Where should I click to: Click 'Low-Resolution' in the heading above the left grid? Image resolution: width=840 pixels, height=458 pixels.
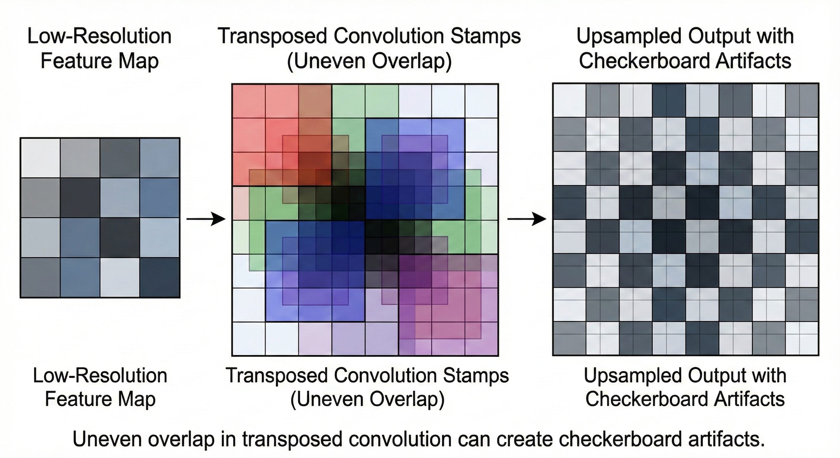coord(99,36)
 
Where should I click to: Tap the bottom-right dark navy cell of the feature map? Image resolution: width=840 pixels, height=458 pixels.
coord(160,277)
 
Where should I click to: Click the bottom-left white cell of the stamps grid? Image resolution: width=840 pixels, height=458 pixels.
coord(248,338)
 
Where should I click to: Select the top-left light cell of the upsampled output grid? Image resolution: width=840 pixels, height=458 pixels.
coord(569,100)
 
